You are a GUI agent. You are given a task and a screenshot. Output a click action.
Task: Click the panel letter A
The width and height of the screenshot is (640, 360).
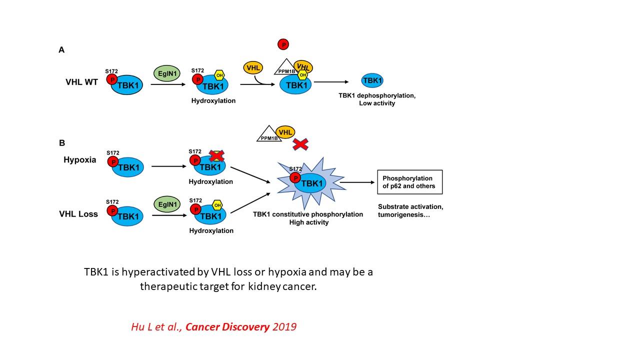61,50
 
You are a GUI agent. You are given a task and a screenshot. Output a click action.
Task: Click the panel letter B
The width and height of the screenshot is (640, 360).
62,143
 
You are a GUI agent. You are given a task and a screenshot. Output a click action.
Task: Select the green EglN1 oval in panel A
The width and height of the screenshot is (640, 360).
167,73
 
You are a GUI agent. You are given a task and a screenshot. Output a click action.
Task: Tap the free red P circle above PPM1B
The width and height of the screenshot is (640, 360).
283,44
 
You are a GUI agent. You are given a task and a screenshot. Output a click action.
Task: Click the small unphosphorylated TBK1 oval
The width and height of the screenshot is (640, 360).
372,80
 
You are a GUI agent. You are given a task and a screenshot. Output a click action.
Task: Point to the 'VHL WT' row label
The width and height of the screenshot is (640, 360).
81,82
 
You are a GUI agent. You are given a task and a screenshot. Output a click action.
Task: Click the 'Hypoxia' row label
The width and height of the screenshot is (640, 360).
79,159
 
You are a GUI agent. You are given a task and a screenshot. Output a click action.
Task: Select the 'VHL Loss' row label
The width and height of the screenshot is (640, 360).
78,214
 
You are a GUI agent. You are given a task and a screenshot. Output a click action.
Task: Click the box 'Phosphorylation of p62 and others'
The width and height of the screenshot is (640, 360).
409,182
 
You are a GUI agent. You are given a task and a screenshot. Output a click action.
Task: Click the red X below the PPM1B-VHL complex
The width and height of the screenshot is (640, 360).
300,144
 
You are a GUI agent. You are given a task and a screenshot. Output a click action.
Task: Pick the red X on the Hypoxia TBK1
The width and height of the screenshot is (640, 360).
216,156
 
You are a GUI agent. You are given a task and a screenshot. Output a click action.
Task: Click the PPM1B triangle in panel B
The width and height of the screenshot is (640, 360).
269,134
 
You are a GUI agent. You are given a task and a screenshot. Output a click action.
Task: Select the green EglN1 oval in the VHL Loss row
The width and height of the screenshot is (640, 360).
167,204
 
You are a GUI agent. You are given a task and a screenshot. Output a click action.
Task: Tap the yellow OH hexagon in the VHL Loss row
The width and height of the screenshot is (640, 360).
217,205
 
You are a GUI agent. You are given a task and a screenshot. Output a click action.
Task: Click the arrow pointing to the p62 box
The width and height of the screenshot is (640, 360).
357,182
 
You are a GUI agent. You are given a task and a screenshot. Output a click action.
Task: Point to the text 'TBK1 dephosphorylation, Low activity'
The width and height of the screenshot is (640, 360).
377,99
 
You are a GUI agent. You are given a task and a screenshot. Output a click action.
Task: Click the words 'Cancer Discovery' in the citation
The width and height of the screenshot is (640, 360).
227,327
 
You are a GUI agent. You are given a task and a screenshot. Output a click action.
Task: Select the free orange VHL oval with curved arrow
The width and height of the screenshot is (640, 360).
253,68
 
